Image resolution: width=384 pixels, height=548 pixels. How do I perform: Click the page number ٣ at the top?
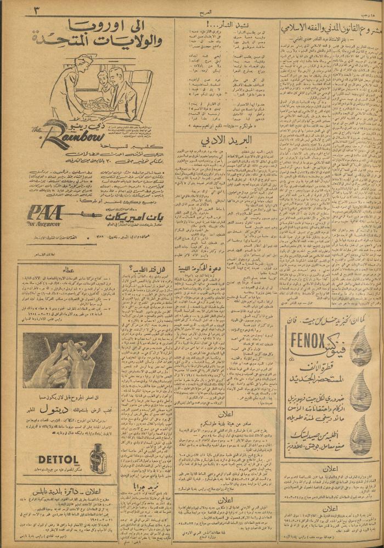coord(27,10)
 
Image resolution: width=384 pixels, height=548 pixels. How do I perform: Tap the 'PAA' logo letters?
coord(46,213)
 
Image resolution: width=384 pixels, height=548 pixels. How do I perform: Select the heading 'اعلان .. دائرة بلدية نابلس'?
coord(69,488)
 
